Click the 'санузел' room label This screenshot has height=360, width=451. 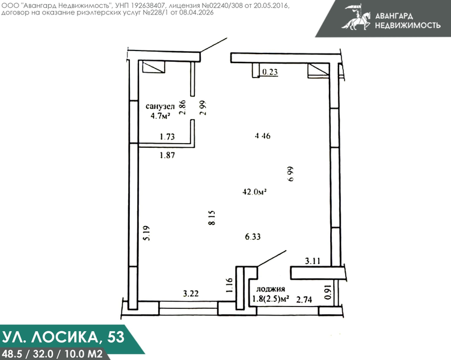coord(160,106)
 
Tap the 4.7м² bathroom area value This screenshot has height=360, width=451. coord(160,116)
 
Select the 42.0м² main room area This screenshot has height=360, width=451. coord(254,192)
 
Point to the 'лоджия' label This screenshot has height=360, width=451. coord(271,289)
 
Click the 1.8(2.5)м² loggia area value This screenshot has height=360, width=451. coord(271,299)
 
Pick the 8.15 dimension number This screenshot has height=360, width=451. coord(212,218)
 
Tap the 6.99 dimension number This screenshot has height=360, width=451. coord(290,174)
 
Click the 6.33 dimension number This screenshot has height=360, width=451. coord(253,237)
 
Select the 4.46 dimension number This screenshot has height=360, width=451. coord(262,135)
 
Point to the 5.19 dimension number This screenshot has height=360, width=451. coord(146,233)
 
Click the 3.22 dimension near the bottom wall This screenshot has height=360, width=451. coord(191,293)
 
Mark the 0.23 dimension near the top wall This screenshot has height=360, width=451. coord(270,72)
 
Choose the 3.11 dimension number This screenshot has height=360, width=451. coord(313,261)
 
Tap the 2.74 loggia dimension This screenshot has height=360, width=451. coord(304,300)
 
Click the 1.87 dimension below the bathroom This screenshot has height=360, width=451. coord(167,155)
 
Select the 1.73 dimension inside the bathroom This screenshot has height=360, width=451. coord(167,136)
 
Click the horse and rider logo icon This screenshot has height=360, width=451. coord(357,17)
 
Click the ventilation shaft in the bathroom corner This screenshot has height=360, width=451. coord(154,67)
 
